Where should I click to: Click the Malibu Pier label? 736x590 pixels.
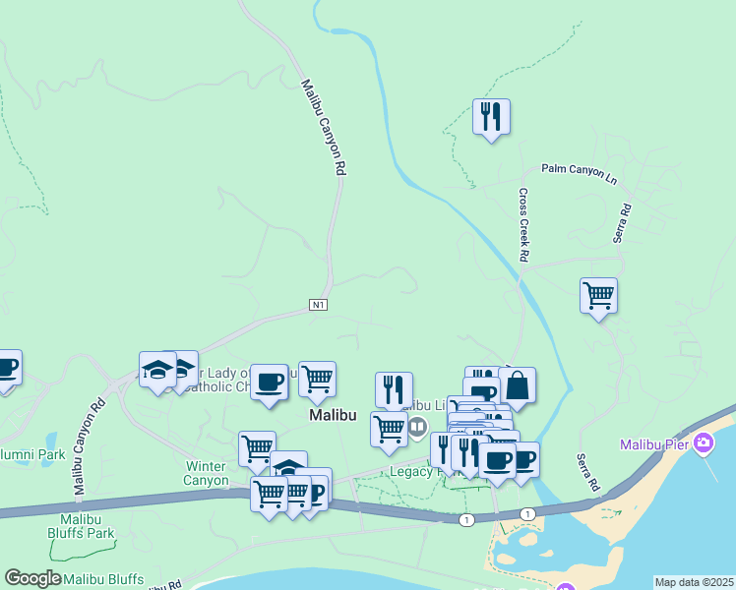[654, 444]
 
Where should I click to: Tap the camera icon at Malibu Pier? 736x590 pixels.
[703, 443]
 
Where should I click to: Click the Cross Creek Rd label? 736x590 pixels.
[523, 225]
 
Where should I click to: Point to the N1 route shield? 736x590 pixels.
[318, 305]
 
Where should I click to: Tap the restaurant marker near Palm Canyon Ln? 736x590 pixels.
[490, 118]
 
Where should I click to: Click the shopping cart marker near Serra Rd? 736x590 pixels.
[598, 295]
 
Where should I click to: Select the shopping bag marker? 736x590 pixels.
[518, 385]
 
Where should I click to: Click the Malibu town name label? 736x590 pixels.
[333, 415]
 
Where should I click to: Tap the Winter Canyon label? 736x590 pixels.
[206, 473]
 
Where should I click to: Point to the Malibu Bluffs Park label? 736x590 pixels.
[87, 526]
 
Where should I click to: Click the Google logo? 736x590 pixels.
[32, 579]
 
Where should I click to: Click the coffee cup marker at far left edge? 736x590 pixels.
[6, 369]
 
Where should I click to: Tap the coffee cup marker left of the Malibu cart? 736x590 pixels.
[268, 382]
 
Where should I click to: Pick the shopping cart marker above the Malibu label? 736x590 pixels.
[317, 379]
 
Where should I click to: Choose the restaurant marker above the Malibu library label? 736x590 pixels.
[394, 387]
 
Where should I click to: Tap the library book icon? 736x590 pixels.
[417, 426]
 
